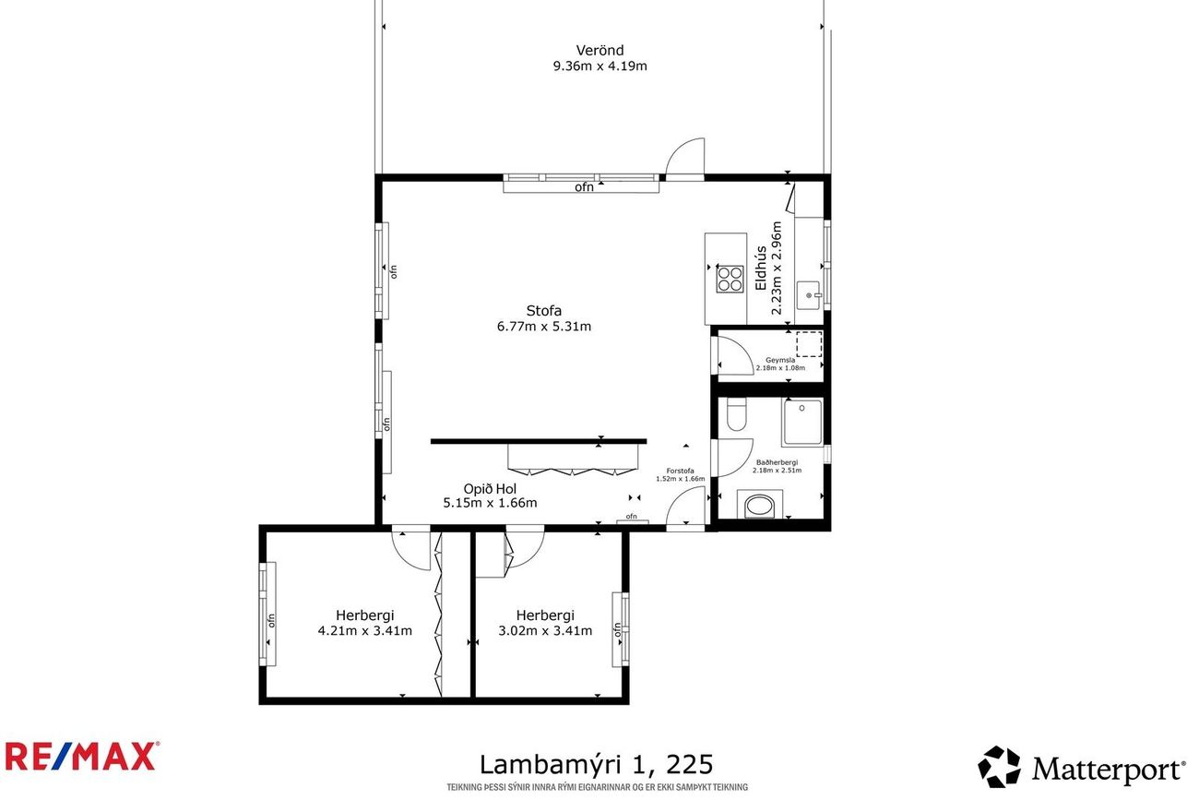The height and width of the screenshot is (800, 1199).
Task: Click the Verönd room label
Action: (x=599, y=51)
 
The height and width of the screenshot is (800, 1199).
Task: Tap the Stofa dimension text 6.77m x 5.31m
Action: (x=544, y=326)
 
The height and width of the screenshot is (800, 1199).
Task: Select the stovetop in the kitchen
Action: (x=730, y=279)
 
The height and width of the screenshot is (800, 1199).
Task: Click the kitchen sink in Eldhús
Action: (x=808, y=295)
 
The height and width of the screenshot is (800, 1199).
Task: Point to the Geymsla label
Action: (x=780, y=361)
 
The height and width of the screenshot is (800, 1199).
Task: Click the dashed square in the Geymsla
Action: (x=809, y=344)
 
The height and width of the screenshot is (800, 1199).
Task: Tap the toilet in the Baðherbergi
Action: (x=737, y=414)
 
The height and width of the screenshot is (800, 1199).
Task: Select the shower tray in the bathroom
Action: (x=802, y=422)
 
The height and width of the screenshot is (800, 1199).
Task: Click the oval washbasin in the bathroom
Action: (x=760, y=506)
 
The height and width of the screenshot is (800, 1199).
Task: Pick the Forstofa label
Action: (x=680, y=471)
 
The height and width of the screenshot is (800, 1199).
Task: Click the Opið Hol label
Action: (x=490, y=488)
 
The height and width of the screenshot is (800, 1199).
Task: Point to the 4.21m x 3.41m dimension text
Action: (x=365, y=631)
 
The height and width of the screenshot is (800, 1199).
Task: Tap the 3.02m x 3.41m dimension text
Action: (x=545, y=631)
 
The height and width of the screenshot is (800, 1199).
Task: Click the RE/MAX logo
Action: (x=82, y=757)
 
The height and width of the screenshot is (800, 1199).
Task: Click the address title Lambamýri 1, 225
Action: (x=597, y=765)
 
